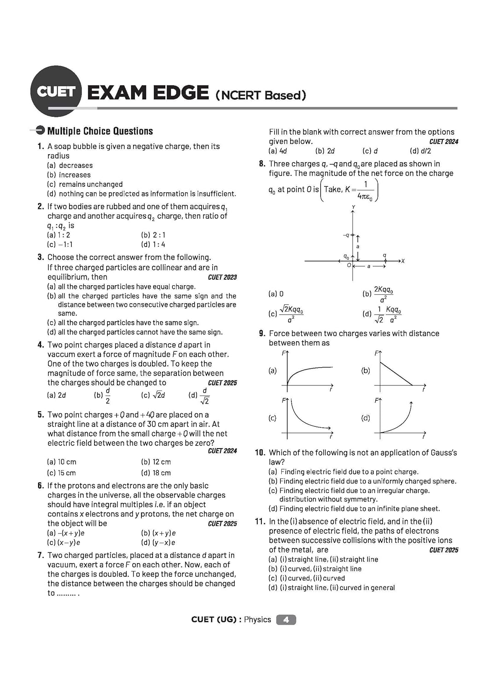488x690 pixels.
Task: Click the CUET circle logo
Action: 56,91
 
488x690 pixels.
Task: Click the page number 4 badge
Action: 286,620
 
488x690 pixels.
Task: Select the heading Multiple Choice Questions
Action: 100,131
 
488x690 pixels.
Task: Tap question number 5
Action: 41,414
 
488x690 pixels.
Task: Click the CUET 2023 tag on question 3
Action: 222,277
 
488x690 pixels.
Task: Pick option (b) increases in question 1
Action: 69,175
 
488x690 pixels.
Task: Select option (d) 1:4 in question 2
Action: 153,245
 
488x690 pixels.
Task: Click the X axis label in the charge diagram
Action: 403,261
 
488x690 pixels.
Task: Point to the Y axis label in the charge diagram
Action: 353,207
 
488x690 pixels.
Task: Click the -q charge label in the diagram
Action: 346,235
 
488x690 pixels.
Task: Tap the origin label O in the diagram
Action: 349,265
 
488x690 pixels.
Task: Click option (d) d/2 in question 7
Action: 420,151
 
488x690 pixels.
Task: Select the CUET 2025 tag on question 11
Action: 444,550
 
